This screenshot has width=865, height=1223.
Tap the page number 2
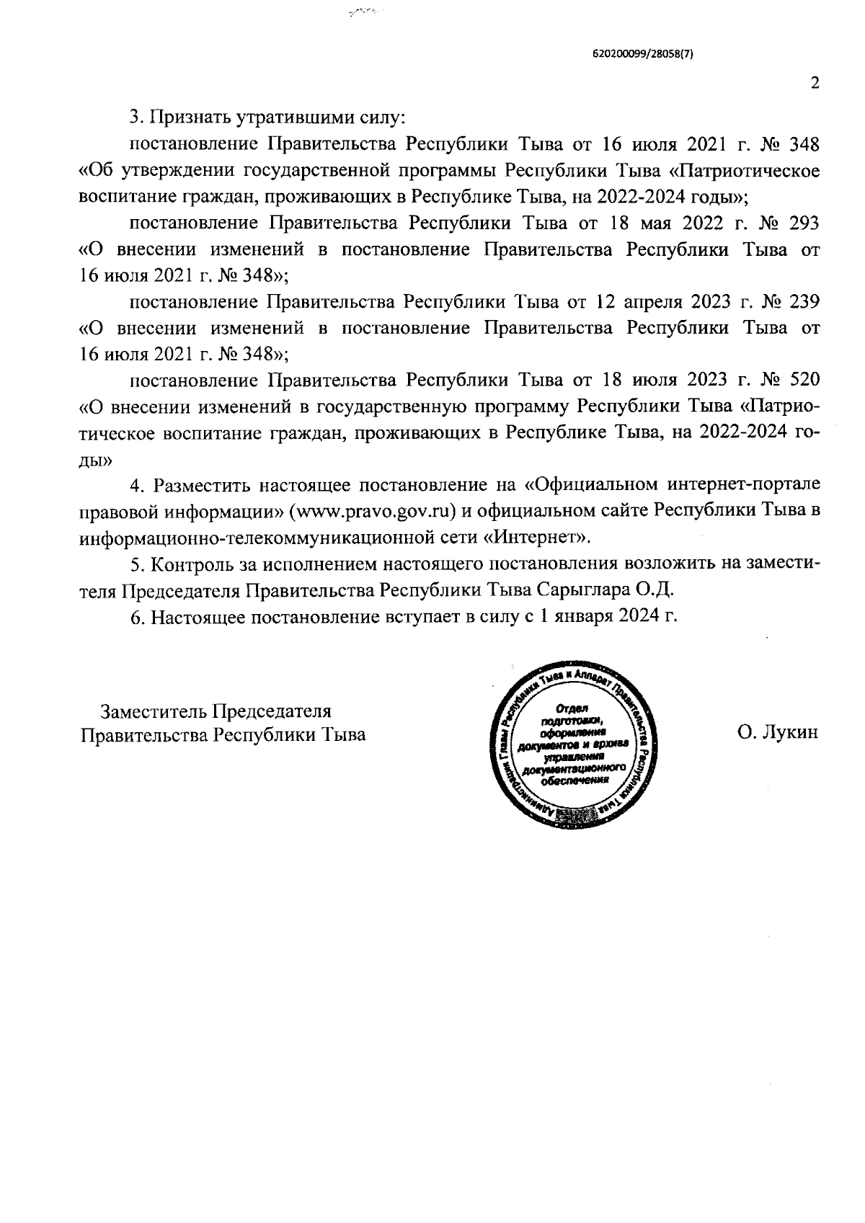(x=815, y=84)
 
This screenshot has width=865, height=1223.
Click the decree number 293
(x=802, y=223)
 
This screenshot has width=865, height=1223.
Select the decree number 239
(x=802, y=301)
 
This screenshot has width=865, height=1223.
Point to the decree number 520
(x=802, y=380)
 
